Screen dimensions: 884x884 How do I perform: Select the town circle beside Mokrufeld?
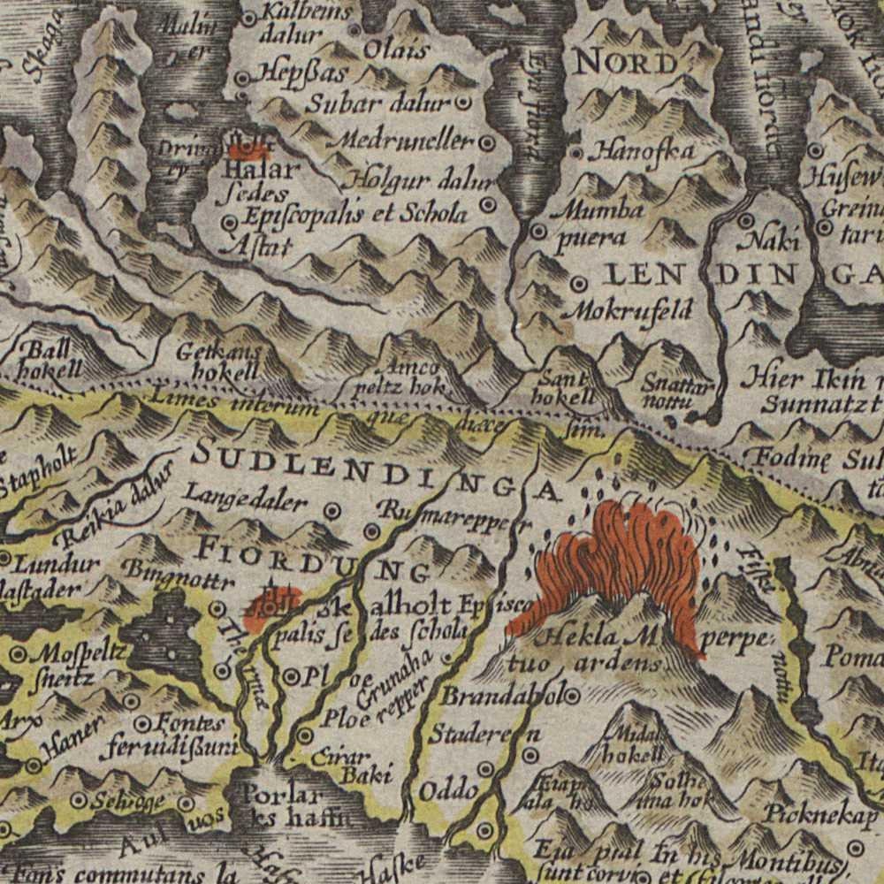[579, 285]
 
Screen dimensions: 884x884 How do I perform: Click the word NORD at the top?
[626, 62]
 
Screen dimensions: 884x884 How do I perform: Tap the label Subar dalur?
[378, 103]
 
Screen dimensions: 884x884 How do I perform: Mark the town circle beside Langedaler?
[333, 510]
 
